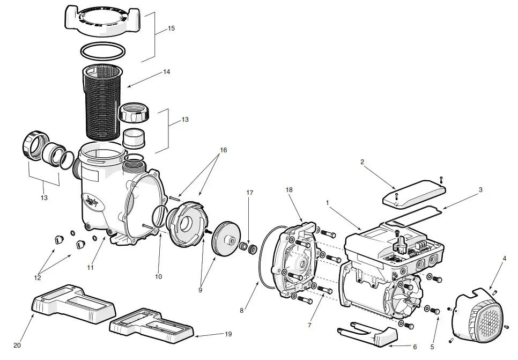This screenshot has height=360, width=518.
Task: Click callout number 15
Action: pyautogui.click(x=171, y=28)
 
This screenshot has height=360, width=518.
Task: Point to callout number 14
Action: pyautogui.click(x=167, y=72)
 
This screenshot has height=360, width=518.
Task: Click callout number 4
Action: pyautogui.click(x=504, y=259)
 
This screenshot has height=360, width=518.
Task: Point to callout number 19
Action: pyautogui.click(x=228, y=334)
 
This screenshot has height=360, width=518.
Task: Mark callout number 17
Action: pyautogui.click(x=249, y=192)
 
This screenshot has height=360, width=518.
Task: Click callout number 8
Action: pyautogui.click(x=241, y=310)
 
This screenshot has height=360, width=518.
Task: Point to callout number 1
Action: pyautogui.click(x=327, y=203)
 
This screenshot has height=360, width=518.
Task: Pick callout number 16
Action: pyautogui.click(x=224, y=150)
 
